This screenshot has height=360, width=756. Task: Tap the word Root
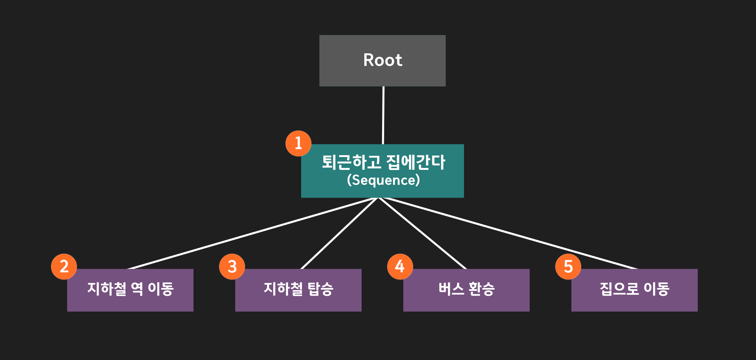382,60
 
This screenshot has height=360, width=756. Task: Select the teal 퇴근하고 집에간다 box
382,191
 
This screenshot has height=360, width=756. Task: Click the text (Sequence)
383,180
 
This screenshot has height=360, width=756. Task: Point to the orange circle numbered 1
298,143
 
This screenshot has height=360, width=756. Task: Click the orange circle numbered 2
64,266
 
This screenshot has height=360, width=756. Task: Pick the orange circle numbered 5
568,266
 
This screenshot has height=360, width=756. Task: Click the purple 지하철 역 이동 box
130,302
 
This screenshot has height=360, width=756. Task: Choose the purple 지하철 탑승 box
298,302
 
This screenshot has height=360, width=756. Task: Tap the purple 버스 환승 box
466,302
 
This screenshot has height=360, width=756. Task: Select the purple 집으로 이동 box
634,302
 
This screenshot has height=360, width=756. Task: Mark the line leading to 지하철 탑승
339,233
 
